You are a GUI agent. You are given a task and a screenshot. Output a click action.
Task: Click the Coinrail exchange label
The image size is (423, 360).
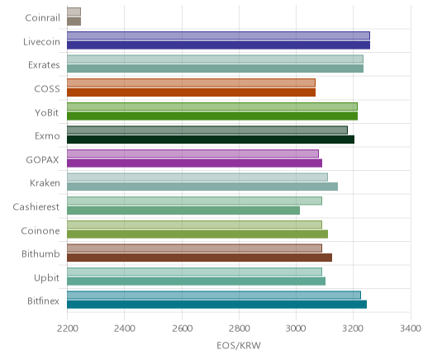tap(42, 18)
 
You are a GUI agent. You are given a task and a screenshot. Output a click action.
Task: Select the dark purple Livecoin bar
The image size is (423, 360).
tap(218, 45)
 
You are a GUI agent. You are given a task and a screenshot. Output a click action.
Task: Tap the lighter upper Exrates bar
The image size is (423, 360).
tap(215, 59)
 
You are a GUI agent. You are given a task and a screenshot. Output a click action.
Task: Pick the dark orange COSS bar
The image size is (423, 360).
tap(191, 92)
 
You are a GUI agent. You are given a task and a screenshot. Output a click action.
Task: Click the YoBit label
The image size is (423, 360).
tap(47, 113)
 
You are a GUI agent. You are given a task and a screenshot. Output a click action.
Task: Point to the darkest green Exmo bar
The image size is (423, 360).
tap(211, 140)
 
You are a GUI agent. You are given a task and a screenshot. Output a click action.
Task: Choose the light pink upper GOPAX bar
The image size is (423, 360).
tap(192, 154)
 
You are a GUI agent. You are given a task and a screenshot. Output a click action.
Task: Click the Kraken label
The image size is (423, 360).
tap(45, 183)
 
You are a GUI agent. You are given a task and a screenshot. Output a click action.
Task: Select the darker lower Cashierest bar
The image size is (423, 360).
tap(183, 211)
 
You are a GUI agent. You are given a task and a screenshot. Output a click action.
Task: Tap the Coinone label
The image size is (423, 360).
tap(40, 230)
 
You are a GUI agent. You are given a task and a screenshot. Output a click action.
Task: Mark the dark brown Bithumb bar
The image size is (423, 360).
tap(199, 258)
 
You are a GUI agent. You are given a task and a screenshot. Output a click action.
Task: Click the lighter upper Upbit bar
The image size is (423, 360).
tap(194, 272)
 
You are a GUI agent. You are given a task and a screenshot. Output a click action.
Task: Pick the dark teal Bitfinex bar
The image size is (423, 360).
tap(216, 305)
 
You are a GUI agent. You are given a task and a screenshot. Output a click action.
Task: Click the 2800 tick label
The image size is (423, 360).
tap(240, 329)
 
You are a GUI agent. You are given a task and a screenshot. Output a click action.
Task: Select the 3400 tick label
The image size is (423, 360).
tap(411, 329)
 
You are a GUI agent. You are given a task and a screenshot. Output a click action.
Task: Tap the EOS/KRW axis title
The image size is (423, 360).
tap(239, 345)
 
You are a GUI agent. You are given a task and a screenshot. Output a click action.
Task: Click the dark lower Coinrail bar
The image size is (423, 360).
tap(74, 21)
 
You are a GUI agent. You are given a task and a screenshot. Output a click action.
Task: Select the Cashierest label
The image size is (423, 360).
tap(36, 207)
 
